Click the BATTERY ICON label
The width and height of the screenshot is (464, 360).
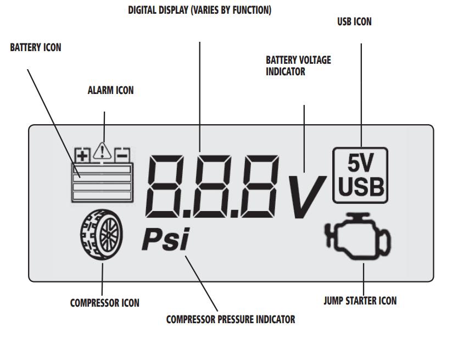point(36,48)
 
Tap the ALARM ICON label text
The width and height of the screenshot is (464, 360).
point(110,90)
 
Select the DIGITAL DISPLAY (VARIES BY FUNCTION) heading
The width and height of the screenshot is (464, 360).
point(199,10)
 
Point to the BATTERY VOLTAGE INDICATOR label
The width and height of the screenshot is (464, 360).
point(298,65)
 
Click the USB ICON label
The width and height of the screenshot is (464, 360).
point(354,22)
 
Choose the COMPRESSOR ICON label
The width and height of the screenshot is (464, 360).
point(104,303)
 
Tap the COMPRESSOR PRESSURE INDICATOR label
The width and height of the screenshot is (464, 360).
point(231,319)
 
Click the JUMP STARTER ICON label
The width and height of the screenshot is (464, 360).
point(360,301)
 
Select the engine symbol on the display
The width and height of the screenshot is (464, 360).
point(359,237)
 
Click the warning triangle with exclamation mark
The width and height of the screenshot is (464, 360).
point(103,151)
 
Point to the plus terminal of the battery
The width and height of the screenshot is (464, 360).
point(82,155)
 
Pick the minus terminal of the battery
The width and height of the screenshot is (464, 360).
point(122,155)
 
